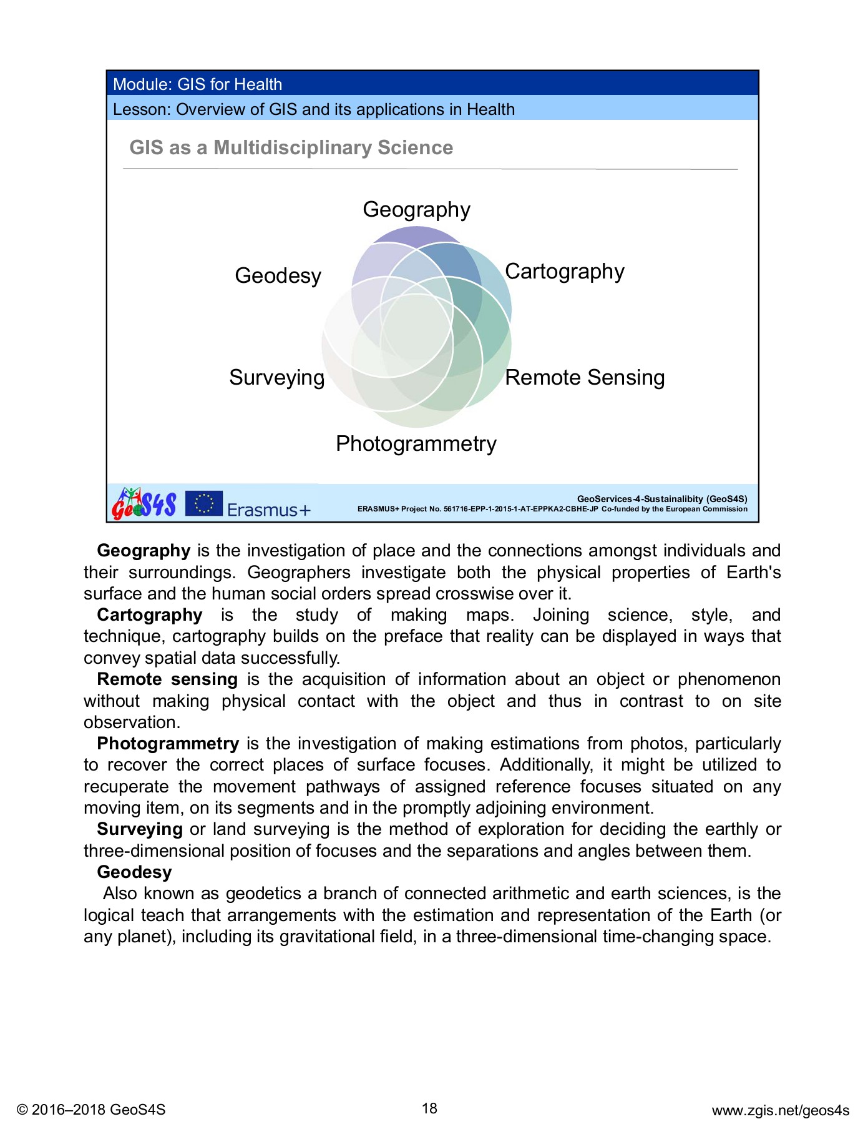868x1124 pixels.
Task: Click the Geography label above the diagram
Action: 416,210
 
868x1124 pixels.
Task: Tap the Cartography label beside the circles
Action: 564,272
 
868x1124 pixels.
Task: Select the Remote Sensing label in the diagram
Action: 585,378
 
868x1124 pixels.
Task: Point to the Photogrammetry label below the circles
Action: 416,444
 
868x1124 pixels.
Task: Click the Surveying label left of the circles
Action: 276,378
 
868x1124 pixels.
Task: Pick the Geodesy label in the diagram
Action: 278,275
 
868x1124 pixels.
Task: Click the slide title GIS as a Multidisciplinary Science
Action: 291,148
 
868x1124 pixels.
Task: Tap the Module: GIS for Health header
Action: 197,84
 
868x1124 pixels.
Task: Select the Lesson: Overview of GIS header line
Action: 313,109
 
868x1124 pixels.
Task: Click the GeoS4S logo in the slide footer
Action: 144,503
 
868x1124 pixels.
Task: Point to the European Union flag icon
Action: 204,503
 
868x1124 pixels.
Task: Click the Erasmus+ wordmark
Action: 268,510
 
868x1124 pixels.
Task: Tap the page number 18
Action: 429,1108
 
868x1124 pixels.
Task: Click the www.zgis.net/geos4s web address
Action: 780,1110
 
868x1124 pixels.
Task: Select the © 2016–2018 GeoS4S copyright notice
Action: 91,1110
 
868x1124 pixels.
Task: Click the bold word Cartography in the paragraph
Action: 150,615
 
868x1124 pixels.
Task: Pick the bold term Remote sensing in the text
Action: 167,679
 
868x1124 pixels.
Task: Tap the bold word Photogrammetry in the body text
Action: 168,744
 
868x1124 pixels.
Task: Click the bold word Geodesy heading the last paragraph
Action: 134,872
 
